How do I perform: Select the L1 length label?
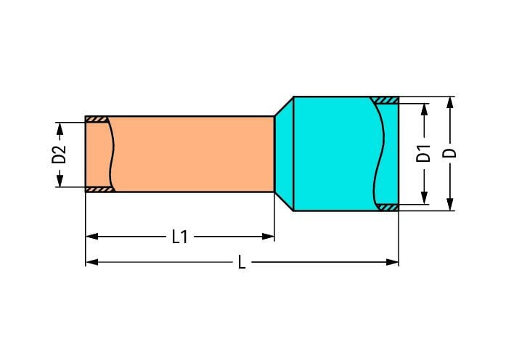[179, 237]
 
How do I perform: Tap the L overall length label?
[242, 262]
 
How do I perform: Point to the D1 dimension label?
[424, 154]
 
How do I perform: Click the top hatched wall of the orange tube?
[97, 119]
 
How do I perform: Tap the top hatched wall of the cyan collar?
[384, 100]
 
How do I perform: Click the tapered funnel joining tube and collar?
[283, 154]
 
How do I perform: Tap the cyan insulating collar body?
[334, 154]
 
